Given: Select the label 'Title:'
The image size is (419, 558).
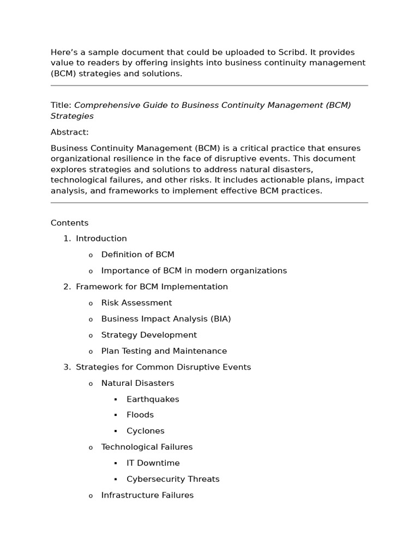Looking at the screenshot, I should click(x=61, y=105).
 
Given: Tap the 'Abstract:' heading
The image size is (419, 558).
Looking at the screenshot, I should click(x=69, y=132).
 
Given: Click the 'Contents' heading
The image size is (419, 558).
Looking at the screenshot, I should click(x=69, y=223).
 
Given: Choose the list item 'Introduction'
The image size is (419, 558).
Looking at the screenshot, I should click(x=101, y=239).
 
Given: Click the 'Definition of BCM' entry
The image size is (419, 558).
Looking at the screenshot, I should click(x=137, y=254).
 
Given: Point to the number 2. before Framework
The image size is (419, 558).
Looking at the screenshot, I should click(x=67, y=287).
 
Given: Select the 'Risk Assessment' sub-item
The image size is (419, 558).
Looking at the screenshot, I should click(x=136, y=303).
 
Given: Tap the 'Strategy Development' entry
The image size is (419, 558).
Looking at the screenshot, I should click(x=149, y=335).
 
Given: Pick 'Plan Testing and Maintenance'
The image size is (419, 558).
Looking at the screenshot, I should click(x=164, y=351).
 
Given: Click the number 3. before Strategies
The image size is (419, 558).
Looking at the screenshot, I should click(x=67, y=367).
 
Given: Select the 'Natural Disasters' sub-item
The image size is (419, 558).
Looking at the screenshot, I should click(x=137, y=383).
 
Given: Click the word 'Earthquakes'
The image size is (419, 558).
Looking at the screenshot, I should click(x=153, y=399).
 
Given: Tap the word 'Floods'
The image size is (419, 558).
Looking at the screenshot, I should click(x=140, y=415).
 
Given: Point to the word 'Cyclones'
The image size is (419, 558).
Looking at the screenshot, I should click(x=145, y=431).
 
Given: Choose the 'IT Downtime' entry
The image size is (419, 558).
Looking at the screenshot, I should click(x=153, y=463).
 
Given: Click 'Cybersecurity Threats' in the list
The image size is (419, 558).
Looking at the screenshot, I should click(x=173, y=480).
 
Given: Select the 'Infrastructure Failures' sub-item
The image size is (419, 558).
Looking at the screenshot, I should click(x=147, y=495).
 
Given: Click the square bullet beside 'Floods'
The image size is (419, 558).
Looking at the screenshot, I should click(x=116, y=416).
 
